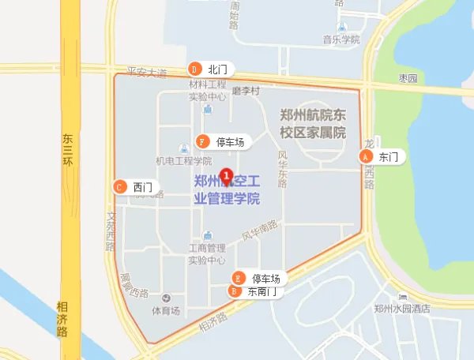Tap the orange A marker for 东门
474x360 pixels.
point(366,157)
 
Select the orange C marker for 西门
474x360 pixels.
point(119,187)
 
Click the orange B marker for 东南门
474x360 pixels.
point(234,291)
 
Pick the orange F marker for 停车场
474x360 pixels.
point(203,142)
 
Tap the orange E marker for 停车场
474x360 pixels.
point(239,278)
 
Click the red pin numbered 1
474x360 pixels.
point(227,174)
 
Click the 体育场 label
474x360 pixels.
point(166,310)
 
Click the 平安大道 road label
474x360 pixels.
point(141,73)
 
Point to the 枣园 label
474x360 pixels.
point(408,78)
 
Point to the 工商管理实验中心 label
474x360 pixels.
point(207,253)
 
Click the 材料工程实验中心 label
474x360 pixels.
point(207,90)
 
